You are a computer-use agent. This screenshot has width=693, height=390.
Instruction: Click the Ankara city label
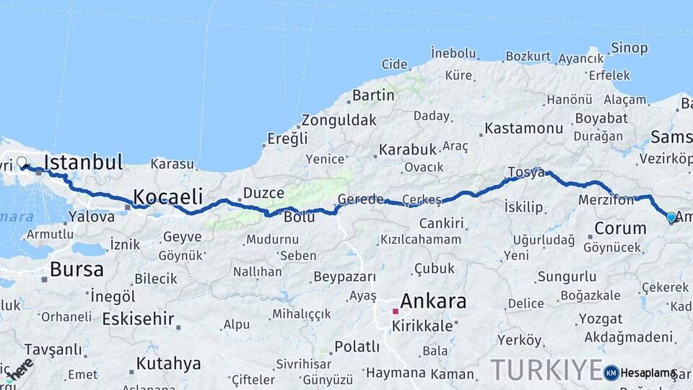pyautogui.click(x=433, y=301)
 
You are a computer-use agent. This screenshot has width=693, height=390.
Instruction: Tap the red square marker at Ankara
pyautogui.click(x=395, y=311)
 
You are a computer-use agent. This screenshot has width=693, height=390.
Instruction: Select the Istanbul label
pyautogui.click(x=84, y=162)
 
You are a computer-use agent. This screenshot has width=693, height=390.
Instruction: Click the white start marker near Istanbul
pyautogui.click(x=22, y=162)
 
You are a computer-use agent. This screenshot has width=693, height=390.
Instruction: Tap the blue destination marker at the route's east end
pyautogui.click(x=671, y=217)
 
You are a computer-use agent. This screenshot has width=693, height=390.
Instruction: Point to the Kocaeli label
pyautogui.click(x=168, y=196)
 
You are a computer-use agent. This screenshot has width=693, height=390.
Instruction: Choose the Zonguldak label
pyautogui.click(x=339, y=120)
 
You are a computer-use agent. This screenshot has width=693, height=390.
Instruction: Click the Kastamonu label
pyautogui.click(x=523, y=128)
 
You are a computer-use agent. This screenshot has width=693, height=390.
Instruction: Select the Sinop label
pyautogui.click(x=629, y=48)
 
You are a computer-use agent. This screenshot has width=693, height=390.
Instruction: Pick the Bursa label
pyautogui.click(x=77, y=269)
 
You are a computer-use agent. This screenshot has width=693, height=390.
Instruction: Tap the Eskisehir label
pyautogui.click(x=138, y=318)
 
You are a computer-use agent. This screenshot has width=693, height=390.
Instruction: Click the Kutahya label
pyautogui.click(x=168, y=363)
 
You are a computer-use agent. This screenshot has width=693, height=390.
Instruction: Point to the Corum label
pyautogui.click(x=620, y=228)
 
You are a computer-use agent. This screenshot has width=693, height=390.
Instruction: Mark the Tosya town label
pyautogui.click(x=526, y=172)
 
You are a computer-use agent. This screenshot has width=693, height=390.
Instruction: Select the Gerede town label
pyautogui.click(x=361, y=199)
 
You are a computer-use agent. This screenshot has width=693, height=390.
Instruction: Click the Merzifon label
pyautogui.click(x=606, y=199)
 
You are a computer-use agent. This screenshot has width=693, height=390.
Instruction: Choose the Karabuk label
pyautogui.click(x=408, y=149)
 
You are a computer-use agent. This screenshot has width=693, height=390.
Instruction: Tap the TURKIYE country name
pyautogui.click(x=546, y=370)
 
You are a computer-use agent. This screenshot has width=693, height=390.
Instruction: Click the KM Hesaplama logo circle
pyautogui.click(x=611, y=373)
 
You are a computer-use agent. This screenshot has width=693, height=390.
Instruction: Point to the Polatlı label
pyautogui.click(x=357, y=347)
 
